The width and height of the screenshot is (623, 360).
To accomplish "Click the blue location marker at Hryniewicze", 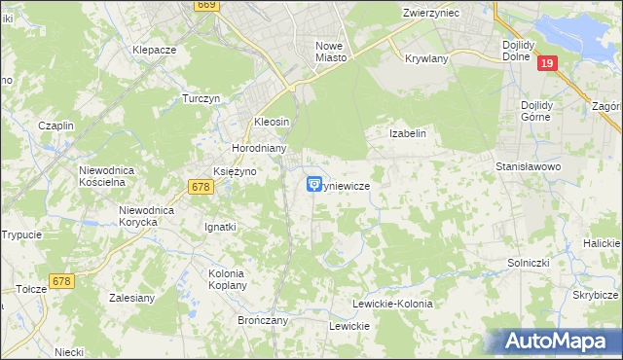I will click(x=314, y=183).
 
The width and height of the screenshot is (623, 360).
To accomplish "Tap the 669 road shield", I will click(x=204, y=5).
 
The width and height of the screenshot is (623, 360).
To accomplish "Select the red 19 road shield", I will click(x=548, y=63).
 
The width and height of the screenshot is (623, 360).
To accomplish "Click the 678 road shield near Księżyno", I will click(x=202, y=186).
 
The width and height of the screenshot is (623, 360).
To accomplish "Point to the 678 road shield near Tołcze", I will click(x=61, y=281).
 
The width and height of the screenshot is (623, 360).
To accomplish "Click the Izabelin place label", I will click(x=408, y=133).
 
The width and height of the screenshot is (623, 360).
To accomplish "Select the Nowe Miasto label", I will click(x=331, y=52).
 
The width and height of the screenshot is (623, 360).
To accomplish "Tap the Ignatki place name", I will click(x=220, y=227).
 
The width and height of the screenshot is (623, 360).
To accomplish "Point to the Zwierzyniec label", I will click(x=431, y=14).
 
